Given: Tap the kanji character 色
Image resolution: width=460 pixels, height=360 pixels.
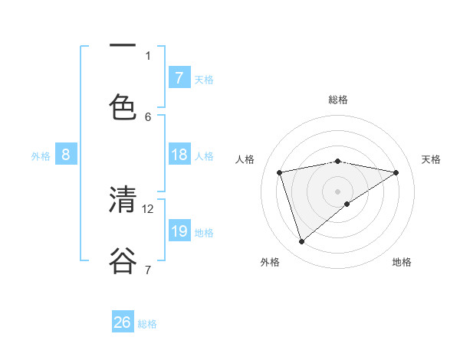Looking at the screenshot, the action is coord(123,106).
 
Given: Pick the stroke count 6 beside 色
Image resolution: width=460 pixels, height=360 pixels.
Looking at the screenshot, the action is coord(148,116).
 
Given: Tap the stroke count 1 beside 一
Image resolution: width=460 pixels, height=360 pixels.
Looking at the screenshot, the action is coord(148,55).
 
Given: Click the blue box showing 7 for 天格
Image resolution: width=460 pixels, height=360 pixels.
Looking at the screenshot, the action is coord(179,78).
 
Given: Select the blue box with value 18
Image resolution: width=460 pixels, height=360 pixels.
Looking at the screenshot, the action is coord(179,155).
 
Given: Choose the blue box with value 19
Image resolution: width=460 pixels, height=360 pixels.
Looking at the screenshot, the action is coord(179,231).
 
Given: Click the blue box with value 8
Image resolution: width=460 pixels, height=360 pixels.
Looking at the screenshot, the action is coord(65,155).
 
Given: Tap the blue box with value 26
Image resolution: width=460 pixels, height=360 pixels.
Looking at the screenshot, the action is coord(122,322).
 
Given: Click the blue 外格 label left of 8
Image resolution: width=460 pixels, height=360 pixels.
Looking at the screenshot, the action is coord(41,156).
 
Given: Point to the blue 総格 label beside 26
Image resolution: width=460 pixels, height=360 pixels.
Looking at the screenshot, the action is coord(147,324).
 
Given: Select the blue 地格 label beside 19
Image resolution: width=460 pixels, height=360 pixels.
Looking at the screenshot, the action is coord(204,233).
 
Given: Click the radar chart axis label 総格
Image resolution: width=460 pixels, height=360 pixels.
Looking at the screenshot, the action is coord(338,100).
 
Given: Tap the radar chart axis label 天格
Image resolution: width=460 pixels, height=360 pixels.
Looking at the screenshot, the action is coord(431,159).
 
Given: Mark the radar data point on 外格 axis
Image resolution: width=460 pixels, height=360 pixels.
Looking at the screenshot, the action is coord(301,242).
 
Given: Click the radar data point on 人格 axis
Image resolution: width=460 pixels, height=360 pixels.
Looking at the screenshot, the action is coord(280,172).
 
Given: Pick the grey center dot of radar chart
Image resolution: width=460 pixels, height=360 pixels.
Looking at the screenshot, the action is coord(338,191).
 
